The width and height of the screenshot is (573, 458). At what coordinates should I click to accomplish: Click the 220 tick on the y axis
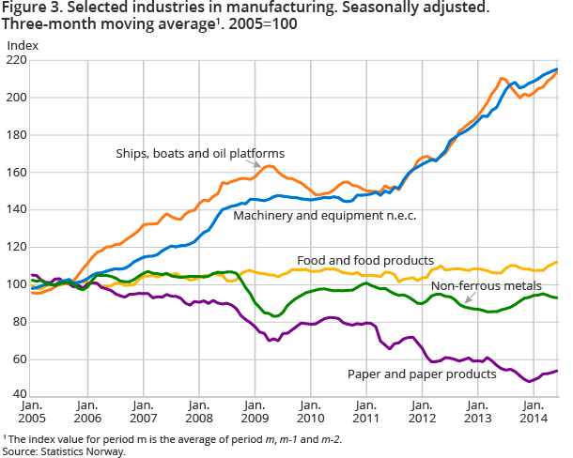click(17, 60)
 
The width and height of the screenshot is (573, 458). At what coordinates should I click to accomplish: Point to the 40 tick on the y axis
click(20, 397)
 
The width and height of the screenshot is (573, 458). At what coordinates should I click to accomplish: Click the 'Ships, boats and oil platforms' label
click(199, 153)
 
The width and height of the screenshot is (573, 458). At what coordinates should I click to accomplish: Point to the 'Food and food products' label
click(365, 260)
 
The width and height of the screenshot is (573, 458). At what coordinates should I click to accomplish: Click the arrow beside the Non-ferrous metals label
click(470, 298)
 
